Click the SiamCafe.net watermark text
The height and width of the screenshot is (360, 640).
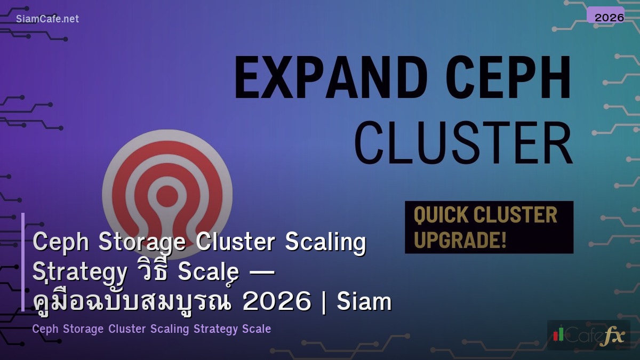pyautogui.click(x=47, y=19)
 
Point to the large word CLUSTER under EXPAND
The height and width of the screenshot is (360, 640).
pyautogui.click(x=463, y=144)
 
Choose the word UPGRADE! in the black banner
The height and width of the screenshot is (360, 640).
pyautogui.click(x=460, y=239)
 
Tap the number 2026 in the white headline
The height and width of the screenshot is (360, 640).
pyautogui.click(x=276, y=302)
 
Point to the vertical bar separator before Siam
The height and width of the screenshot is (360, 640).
pyautogui.click(x=325, y=302)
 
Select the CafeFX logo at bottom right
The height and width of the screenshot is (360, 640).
pyautogui.click(x=588, y=335)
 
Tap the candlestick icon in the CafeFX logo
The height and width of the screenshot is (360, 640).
pyautogui.click(x=558, y=334)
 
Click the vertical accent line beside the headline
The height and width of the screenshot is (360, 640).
pyautogui.click(x=23, y=261)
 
